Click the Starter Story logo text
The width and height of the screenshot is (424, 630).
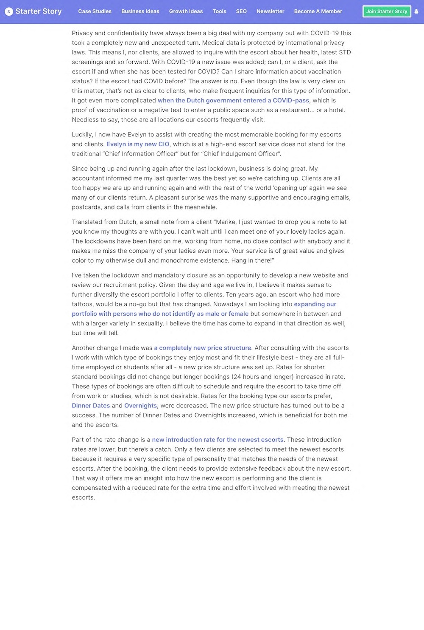39,11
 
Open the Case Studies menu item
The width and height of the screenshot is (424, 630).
95,11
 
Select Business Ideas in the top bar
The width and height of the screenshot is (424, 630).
140,11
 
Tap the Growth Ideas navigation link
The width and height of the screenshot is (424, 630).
186,11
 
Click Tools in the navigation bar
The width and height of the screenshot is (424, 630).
219,11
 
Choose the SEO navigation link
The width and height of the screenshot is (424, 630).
241,11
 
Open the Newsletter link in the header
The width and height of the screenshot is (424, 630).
270,11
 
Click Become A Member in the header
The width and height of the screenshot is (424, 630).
318,11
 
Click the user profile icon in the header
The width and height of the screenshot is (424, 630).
416,11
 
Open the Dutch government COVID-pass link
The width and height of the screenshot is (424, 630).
233,101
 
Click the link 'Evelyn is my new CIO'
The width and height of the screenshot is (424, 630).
138,144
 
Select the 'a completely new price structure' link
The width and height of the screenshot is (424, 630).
202,348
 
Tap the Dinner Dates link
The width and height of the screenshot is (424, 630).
91,406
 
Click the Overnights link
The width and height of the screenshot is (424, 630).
140,406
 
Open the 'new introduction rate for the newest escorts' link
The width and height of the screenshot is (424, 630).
218,440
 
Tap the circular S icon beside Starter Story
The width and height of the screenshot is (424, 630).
8,11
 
